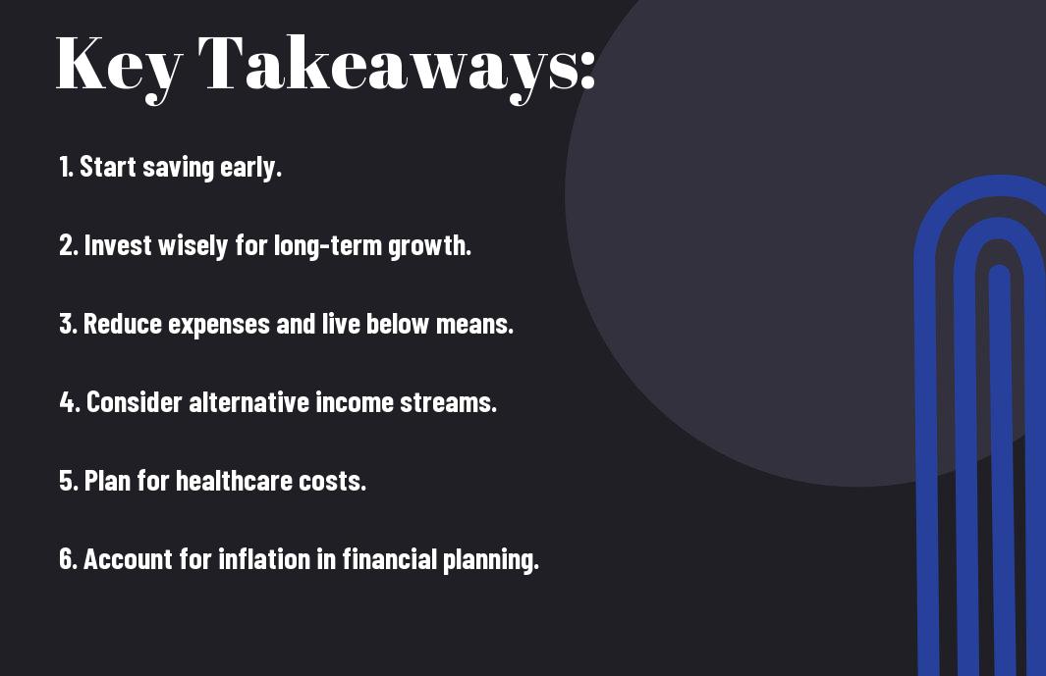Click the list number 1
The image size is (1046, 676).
click(x=65, y=167)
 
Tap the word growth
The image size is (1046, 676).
click(x=429, y=246)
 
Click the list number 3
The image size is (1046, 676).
click(x=68, y=324)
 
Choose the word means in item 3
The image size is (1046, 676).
click(x=474, y=325)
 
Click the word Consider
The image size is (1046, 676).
click(x=135, y=402)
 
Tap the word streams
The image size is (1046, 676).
click(x=448, y=402)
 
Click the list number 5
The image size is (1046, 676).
click(x=68, y=481)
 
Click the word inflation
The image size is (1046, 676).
click(x=264, y=558)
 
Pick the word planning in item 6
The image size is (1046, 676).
click(x=490, y=560)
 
